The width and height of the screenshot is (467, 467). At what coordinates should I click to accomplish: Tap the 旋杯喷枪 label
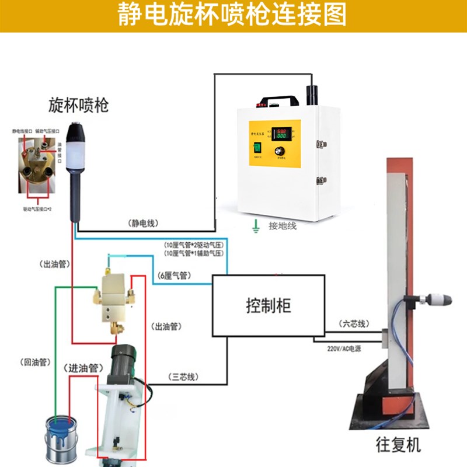click(x=78, y=106)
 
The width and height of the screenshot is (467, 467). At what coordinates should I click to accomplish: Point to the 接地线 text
click(x=283, y=225)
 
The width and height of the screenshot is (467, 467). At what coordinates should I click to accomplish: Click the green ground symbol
click(x=255, y=225)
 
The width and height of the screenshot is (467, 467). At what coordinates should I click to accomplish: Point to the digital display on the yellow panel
click(x=284, y=133)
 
